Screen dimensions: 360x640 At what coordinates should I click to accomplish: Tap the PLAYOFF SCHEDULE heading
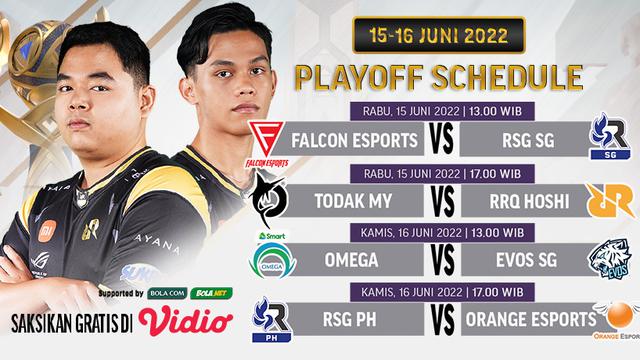(437, 77)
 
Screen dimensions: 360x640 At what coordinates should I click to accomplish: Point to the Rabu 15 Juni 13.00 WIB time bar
(437, 110)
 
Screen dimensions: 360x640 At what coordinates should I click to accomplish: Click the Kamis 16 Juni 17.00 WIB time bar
(437, 294)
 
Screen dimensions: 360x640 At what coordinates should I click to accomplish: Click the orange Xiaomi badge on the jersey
(47, 231)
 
